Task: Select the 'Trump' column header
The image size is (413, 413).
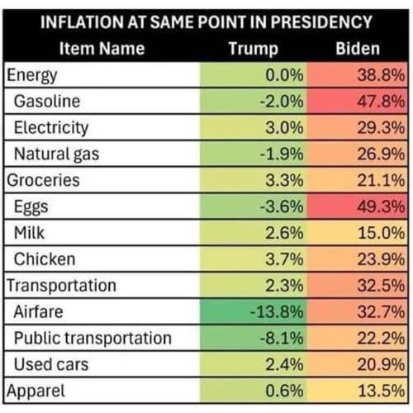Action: click(252, 48)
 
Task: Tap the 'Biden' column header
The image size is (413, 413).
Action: click(357, 48)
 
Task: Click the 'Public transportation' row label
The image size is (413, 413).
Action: click(92, 338)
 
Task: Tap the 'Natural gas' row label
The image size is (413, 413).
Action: click(54, 154)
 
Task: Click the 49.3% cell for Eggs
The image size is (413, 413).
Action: click(380, 206)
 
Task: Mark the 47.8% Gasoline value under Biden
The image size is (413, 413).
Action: click(380, 101)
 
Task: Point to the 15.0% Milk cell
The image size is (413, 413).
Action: click(380, 233)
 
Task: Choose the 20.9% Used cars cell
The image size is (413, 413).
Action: click(380, 364)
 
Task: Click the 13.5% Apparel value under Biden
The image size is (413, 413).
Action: click(380, 391)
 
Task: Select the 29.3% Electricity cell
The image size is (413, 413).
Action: click(380, 127)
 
